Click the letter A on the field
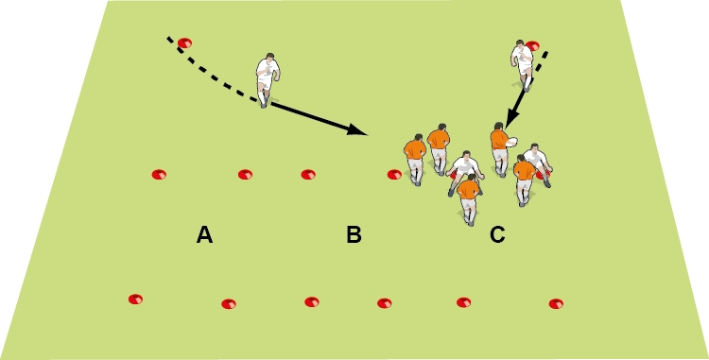[204, 235]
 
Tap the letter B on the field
[354, 235]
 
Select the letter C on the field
[497, 235]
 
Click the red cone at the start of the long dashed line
[184, 43]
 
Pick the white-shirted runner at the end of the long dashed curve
[268, 78]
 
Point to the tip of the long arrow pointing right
[366, 130]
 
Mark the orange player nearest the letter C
[468, 197]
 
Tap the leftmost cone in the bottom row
[136, 300]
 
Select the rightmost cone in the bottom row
[556, 304]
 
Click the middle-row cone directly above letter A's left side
[159, 174]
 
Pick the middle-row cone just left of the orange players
[393, 174]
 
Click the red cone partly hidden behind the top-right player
[534, 45]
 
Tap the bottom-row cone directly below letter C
[463, 302]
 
